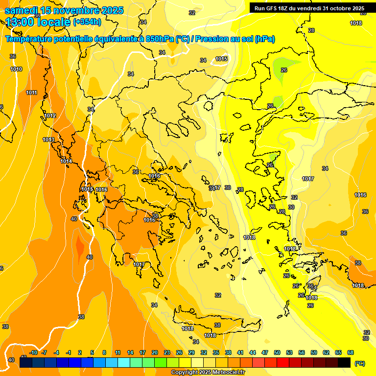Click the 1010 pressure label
[16, 69]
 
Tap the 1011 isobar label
[32, 93]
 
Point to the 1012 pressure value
[50, 116]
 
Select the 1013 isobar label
[48, 140]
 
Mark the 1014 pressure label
[66, 161]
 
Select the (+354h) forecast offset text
[87, 22]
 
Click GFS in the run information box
[272, 8]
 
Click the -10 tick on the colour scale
[33, 352]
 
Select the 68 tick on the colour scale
[351, 352]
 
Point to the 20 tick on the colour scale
[155, 352]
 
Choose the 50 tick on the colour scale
[277, 352]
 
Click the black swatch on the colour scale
[344, 362]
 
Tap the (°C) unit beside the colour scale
[360, 363]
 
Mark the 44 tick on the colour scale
[253, 352]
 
